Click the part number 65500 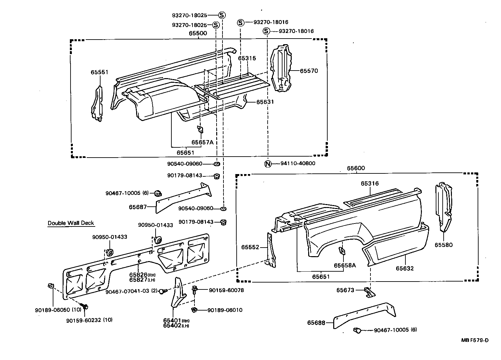(198, 33)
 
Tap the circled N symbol (268, 164)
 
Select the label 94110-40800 (298, 164)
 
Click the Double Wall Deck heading (71, 223)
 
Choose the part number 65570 (309, 71)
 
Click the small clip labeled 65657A (200, 130)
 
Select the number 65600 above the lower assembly (356, 168)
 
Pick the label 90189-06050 (50, 310)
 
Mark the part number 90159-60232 (84, 320)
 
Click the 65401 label (171, 320)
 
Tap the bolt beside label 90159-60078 (195, 290)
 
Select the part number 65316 (369, 184)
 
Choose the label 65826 (138, 275)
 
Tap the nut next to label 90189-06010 (194, 310)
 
